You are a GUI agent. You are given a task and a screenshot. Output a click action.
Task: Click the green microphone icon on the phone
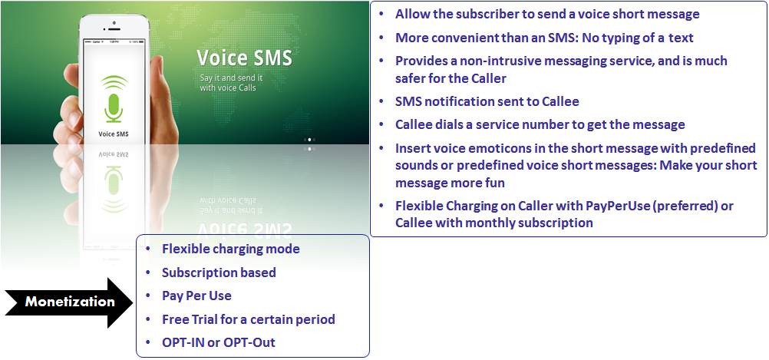point(114,98)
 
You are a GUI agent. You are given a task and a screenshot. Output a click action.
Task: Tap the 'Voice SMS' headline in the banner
point(244,58)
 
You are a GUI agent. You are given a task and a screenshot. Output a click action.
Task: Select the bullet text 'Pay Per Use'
point(196,296)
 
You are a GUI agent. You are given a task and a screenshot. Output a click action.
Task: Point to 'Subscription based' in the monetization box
point(219,272)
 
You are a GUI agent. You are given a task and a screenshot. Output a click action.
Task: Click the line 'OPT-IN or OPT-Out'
point(219,342)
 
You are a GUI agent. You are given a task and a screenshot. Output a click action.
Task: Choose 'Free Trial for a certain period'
point(249,319)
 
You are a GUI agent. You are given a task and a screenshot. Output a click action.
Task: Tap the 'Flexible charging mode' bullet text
point(231,249)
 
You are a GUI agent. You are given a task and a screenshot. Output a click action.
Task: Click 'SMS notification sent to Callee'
point(487,101)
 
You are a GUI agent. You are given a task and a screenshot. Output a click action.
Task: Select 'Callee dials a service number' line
point(540,124)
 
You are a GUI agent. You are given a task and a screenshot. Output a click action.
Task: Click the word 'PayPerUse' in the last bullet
point(618,206)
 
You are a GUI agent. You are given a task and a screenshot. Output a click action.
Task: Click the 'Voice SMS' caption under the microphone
point(114,134)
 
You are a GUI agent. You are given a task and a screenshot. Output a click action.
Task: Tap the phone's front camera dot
point(114,22)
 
